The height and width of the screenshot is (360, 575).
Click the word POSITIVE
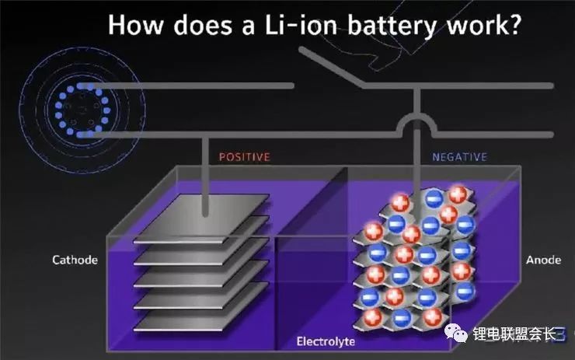pos(244,157)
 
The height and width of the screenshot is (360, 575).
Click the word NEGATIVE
pos(459,157)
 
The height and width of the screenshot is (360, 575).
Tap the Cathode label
pos(75,260)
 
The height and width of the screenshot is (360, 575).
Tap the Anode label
pos(543,260)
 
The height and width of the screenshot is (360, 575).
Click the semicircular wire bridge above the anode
pos(417,123)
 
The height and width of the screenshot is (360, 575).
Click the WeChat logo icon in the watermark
pos(457,334)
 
